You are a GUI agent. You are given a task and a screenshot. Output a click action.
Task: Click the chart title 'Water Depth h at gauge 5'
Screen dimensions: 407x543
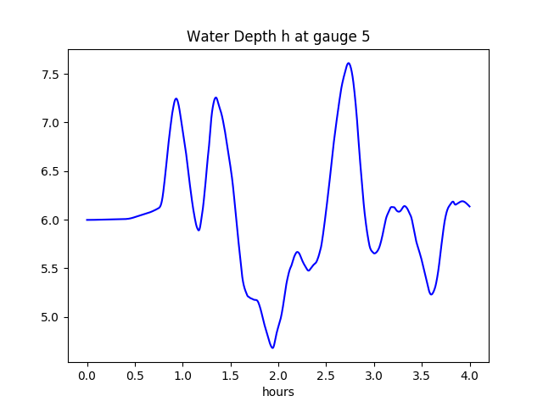(x=278, y=36)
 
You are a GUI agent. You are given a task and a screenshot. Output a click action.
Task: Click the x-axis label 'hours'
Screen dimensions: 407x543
(x=278, y=393)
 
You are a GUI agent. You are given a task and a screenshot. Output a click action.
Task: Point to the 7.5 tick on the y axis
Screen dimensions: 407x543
(x=52, y=75)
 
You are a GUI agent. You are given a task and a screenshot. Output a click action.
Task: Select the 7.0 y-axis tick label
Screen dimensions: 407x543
(x=52, y=123)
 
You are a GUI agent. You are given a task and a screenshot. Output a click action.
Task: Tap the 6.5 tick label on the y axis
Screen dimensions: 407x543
(x=52, y=171)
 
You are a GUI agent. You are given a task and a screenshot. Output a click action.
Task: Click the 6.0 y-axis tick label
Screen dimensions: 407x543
(x=52, y=220)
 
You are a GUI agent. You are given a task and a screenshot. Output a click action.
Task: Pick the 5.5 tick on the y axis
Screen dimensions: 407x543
(x=52, y=269)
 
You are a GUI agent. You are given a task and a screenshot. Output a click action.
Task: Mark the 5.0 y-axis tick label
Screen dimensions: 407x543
(x=52, y=317)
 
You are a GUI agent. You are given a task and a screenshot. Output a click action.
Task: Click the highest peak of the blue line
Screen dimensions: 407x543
(x=349, y=63)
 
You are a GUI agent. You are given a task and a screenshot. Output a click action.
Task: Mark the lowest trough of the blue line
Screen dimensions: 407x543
(x=272, y=348)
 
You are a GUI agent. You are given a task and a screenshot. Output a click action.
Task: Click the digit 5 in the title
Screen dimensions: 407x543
(x=366, y=36)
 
